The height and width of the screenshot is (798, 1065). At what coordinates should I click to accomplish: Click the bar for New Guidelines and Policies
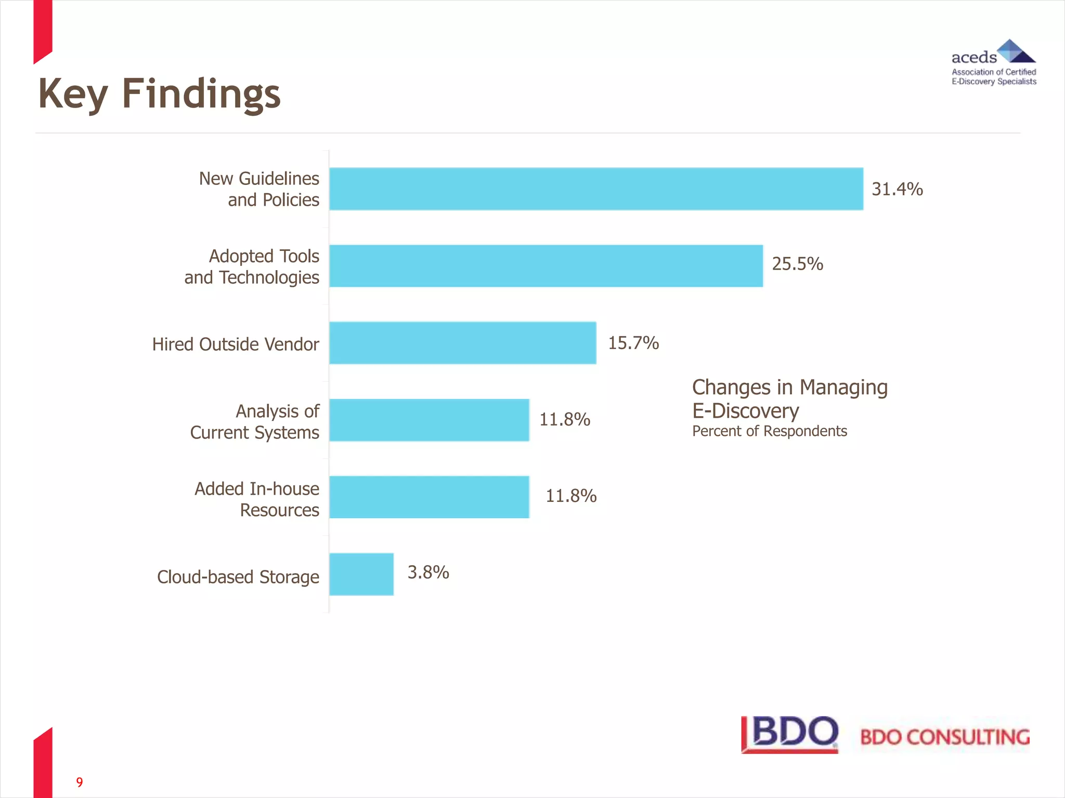[596, 189]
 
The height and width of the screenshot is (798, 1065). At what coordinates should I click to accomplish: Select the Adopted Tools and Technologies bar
[546, 266]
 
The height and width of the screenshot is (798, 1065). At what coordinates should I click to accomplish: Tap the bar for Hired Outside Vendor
[463, 343]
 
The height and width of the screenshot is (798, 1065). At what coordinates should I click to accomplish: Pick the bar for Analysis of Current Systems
[429, 420]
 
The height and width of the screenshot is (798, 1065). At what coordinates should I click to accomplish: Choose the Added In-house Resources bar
[429, 497]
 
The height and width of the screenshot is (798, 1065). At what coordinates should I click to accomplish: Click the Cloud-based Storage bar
[361, 574]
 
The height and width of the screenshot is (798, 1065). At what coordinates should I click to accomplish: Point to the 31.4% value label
[897, 189]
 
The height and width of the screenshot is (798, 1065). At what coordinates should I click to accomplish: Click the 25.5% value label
[797, 264]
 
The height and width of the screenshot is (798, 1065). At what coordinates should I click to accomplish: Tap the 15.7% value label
[633, 343]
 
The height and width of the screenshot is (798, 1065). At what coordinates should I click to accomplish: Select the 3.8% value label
[428, 572]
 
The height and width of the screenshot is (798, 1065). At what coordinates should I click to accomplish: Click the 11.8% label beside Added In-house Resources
[571, 496]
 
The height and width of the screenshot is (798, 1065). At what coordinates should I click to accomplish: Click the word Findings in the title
[201, 95]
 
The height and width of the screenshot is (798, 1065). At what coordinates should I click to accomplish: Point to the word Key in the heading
[73, 95]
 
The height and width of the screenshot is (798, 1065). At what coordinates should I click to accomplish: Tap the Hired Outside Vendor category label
[236, 344]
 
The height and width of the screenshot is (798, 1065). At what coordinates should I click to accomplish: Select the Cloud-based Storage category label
[238, 577]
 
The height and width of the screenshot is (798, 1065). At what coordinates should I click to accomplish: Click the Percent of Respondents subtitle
[769, 431]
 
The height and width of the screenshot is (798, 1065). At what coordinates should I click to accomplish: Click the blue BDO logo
[790, 734]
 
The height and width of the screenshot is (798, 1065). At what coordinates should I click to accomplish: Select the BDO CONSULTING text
[944, 737]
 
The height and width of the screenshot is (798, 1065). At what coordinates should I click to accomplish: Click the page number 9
[80, 782]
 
